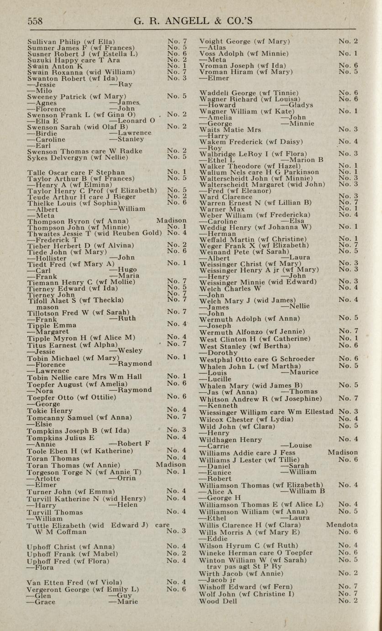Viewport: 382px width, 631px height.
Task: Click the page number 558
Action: [35, 21]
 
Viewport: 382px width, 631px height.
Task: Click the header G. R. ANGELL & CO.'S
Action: [193, 21]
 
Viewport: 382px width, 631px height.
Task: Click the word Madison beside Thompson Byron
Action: [171, 221]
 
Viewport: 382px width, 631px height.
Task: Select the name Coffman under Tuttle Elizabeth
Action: [71, 532]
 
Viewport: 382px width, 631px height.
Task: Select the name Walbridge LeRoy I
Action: [231, 154]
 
